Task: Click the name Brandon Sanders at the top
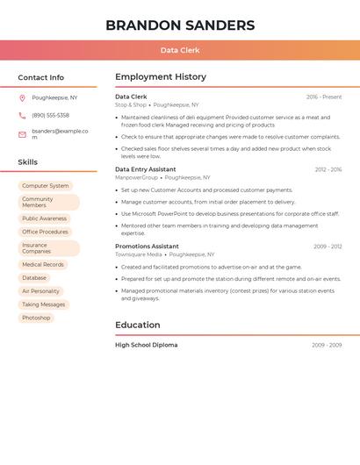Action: click(180, 25)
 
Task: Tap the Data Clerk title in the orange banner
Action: click(180, 51)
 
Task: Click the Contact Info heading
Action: click(41, 78)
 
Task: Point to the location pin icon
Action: click(22, 98)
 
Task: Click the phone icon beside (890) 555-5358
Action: click(22, 116)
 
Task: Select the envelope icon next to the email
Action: click(22, 134)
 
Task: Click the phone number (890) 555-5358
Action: click(50, 116)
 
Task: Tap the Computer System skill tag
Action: click(46, 186)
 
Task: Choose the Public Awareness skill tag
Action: click(44, 218)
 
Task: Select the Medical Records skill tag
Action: click(43, 264)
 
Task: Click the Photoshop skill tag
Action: click(36, 318)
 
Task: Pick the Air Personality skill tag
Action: click(40, 291)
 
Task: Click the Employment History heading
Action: click(161, 77)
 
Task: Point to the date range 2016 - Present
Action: click(324, 97)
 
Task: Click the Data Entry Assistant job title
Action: click(145, 169)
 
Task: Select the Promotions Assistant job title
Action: click(147, 247)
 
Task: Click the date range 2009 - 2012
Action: click(328, 247)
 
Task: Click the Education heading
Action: click(138, 325)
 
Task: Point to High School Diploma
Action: click(146, 345)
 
